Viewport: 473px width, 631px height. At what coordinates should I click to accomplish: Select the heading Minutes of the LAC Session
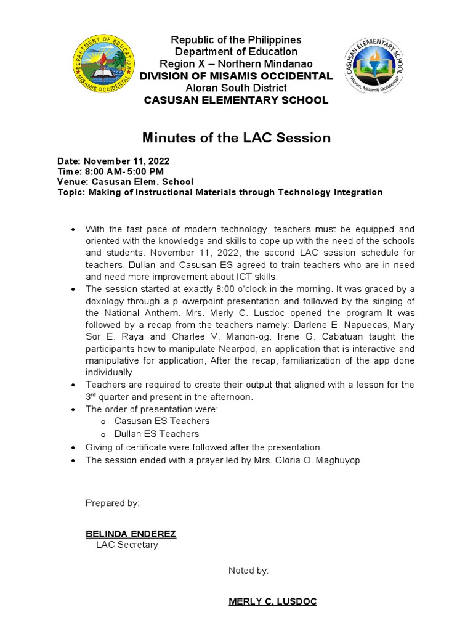236,138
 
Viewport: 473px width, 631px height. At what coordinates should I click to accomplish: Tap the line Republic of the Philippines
236,40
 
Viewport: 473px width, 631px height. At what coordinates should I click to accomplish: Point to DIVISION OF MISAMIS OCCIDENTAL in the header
236,76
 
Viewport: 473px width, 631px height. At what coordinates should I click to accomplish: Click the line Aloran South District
236,88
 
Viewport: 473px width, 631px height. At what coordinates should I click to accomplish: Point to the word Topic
70,192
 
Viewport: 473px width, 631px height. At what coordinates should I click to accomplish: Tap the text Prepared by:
113,503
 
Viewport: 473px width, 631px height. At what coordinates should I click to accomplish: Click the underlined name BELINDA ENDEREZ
131,534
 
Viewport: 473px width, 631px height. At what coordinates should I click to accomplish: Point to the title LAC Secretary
127,545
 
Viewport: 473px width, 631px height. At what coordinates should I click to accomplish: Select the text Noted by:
248,571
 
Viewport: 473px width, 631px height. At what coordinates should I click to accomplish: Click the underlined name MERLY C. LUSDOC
272,601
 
